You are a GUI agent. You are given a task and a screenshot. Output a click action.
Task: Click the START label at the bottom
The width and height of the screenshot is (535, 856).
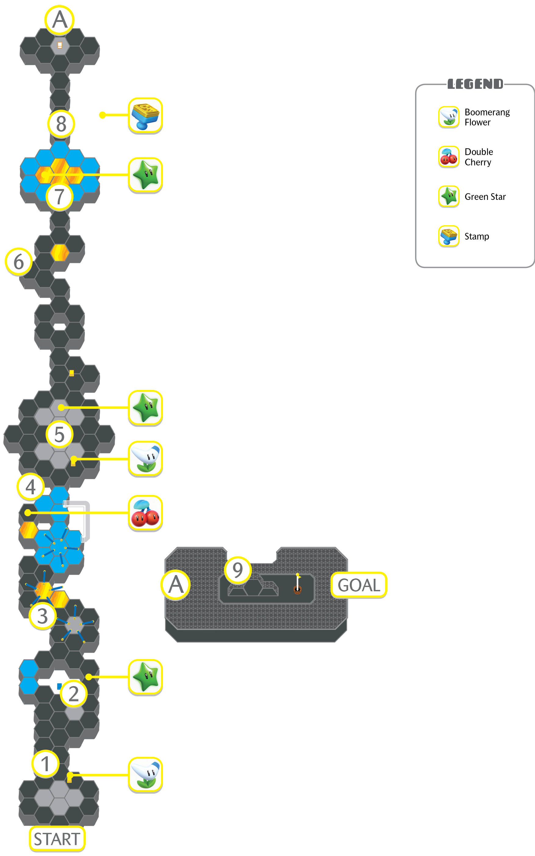tap(57, 839)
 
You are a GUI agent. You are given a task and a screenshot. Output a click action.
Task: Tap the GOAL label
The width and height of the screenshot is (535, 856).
tap(359, 585)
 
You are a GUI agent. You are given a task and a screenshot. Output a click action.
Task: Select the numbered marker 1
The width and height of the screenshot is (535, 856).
tap(45, 764)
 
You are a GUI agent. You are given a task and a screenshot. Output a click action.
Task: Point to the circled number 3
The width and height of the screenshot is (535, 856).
tap(42, 616)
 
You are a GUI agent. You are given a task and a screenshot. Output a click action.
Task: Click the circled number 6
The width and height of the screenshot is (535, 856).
tap(19, 262)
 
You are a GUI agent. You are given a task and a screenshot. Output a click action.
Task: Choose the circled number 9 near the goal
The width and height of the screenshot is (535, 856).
tap(238, 570)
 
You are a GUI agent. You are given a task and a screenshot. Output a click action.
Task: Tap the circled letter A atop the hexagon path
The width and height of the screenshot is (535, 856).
tap(60, 20)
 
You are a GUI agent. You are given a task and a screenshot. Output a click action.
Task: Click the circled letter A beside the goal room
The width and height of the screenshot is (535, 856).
tap(176, 585)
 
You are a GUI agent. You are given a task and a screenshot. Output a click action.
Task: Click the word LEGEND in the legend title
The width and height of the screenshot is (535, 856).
tap(475, 84)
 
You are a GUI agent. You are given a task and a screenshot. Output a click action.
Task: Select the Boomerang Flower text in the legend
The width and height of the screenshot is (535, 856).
tap(487, 117)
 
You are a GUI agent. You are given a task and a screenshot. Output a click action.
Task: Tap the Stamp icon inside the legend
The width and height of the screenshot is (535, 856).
tap(449, 236)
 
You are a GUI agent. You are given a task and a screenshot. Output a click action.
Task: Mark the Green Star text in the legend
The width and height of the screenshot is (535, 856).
tap(485, 197)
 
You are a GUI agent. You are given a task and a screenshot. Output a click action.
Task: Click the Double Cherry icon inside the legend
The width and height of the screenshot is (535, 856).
tap(449, 157)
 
